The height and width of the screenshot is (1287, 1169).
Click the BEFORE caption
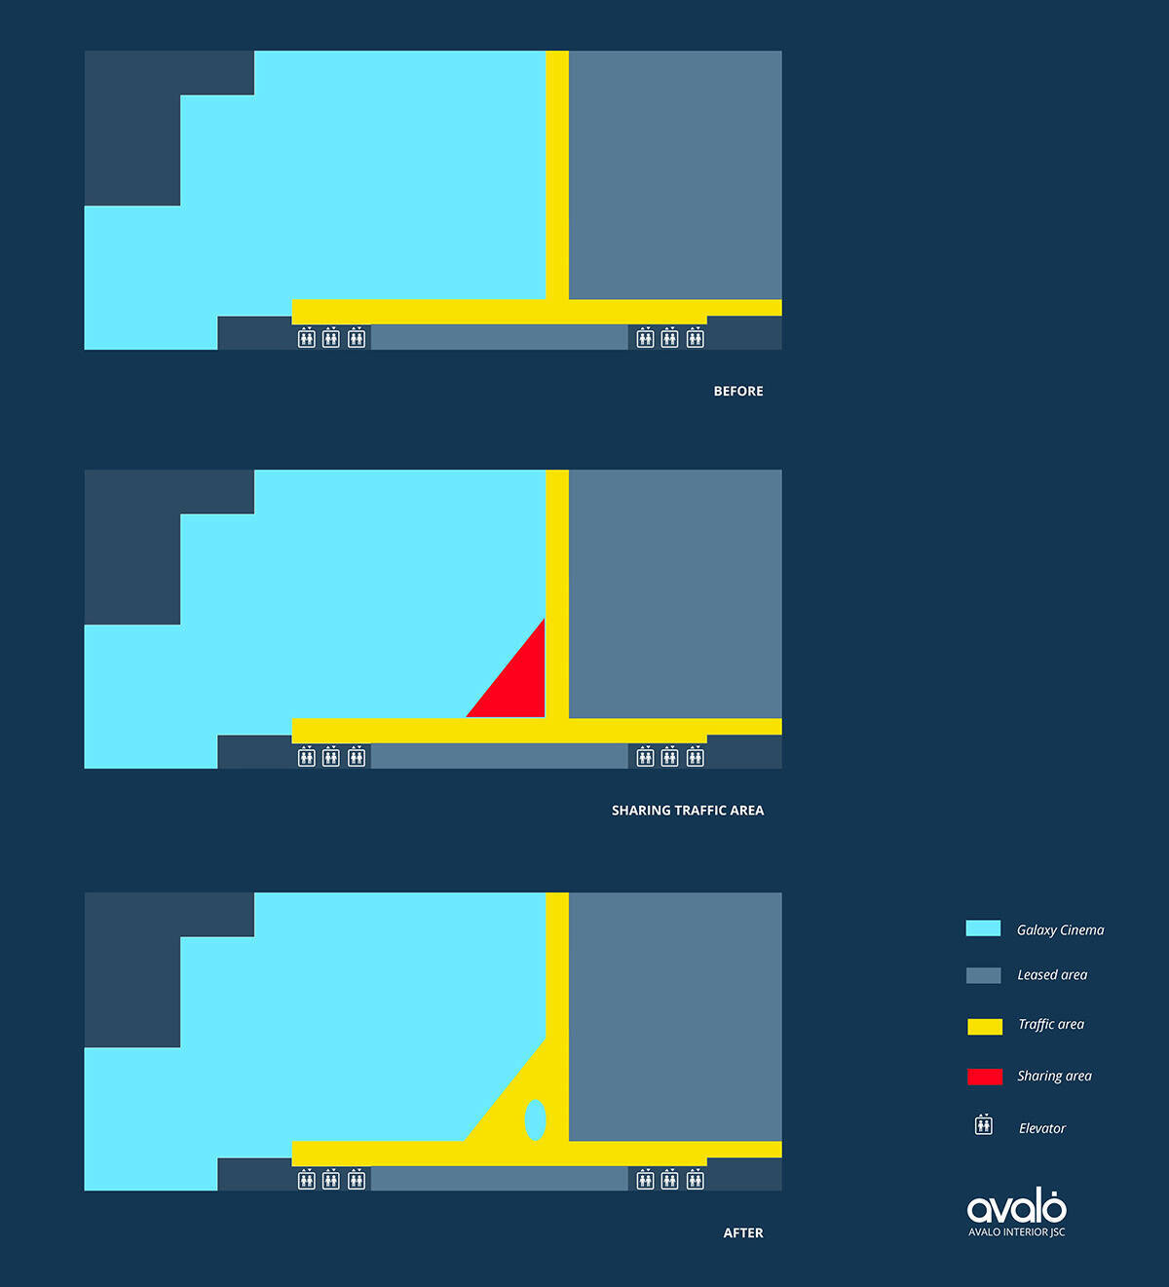(737, 391)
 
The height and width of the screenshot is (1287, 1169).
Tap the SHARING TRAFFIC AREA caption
(687, 811)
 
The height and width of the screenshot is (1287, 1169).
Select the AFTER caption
(743, 1232)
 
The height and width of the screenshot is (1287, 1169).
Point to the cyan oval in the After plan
(535, 1119)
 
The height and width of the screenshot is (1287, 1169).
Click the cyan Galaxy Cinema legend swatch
(983, 928)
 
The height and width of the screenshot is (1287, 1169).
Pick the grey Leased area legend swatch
(983, 975)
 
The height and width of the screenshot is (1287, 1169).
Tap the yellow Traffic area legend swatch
(984, 1027)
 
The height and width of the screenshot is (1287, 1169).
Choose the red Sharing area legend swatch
(984, 1077)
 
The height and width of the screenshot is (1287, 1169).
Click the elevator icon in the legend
(984, 1124)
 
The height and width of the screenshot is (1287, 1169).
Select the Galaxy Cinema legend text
(1060, 929)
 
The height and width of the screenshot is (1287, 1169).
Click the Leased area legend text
(1052, 974)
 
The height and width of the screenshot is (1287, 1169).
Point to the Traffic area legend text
(1051, 1024)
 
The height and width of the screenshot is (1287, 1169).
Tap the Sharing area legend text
(1054, 1076)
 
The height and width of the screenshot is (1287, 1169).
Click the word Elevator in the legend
(1042, 1128)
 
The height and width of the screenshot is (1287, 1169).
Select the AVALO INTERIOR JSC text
(1016, 1231)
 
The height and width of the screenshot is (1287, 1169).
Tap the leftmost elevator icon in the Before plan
(307, 337)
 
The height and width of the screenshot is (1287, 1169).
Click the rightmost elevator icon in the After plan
(695, 1179)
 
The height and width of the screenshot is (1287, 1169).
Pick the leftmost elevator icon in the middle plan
(307, 756)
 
